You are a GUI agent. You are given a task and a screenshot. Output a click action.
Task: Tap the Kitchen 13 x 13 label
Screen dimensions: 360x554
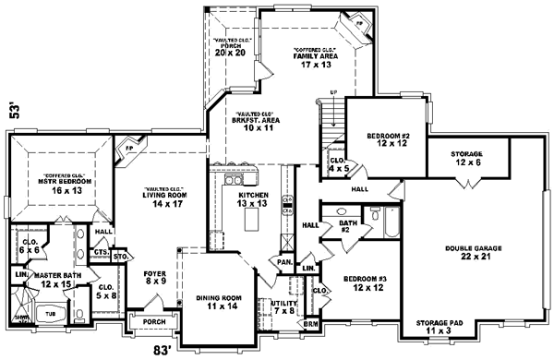tap(253, 200)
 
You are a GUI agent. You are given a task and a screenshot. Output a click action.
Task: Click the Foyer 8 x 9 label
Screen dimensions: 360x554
tap(154, 278)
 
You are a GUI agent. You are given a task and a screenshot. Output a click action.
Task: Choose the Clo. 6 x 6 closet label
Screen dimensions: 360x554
tap(29, 245)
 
